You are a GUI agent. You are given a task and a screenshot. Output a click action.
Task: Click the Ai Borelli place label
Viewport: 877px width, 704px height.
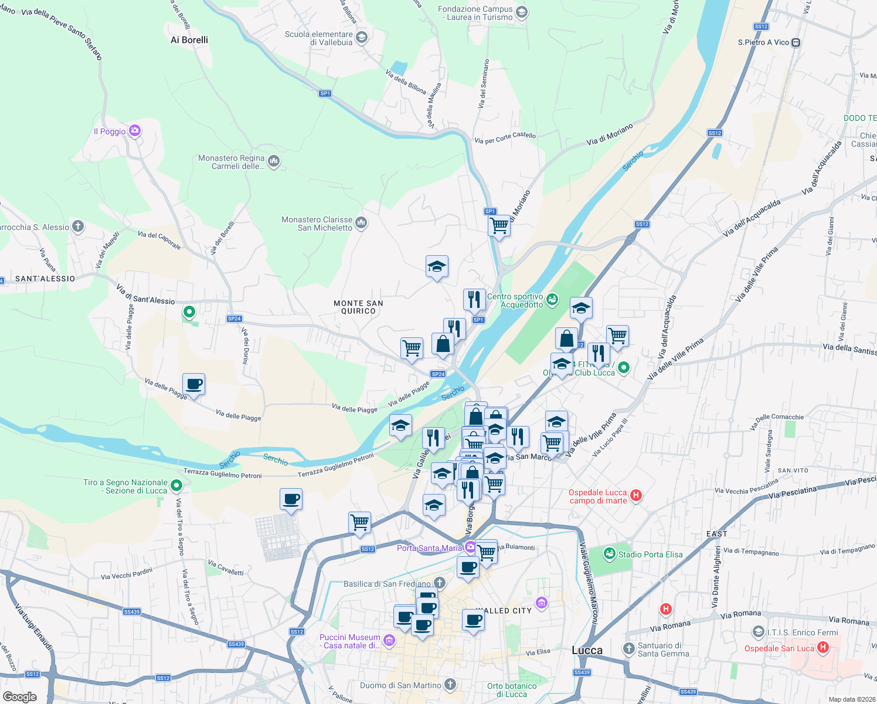[x=189, y=40]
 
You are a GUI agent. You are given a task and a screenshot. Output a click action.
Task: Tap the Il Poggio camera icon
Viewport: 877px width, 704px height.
[x=135, y=131]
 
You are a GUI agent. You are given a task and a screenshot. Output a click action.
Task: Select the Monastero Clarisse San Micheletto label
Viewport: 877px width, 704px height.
[x=317, y=224]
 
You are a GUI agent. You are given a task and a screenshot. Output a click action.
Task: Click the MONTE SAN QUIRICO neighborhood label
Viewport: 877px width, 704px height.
[x=358, y=307]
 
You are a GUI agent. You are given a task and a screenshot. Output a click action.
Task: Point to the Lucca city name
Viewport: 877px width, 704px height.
[x=587, y=650]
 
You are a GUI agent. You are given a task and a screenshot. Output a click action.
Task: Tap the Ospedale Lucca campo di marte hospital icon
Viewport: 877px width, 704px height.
[x=636, y=496]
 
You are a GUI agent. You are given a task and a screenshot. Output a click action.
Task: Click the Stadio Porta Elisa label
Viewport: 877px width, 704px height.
[x=650, y=554]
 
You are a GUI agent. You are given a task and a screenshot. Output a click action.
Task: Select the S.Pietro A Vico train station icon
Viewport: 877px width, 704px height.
[x=796, y=42]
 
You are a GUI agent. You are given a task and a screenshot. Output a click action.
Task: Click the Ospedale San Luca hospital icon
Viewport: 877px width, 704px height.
[x=822, y=648]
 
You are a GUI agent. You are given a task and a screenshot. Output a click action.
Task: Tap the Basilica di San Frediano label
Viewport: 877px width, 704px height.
[x=387, y=584]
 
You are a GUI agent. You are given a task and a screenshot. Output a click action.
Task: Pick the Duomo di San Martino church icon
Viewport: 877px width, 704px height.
[x=450, y=684]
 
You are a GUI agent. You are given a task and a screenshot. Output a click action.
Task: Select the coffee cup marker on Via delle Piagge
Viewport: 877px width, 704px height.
[x=194, y=384]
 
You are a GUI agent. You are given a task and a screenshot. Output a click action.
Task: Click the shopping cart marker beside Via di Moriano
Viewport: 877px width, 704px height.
[x=499, y=225]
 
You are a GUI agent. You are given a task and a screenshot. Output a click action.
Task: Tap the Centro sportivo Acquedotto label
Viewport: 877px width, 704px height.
[x=515, y=300]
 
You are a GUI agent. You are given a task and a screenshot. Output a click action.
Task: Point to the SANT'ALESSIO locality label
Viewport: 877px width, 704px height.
[x=45, y=279]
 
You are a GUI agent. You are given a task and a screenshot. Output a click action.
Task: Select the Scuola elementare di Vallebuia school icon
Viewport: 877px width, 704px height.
[x=362, y=38]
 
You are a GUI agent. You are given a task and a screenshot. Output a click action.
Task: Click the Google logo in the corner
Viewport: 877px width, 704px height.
[x=19, y=696]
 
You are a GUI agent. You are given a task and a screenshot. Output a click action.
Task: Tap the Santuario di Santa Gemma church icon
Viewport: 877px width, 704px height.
[x=628, y=649]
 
